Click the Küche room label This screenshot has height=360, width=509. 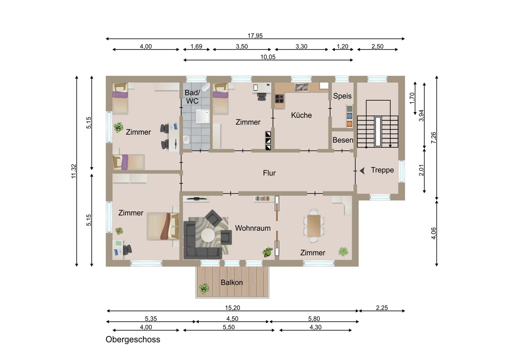[x=301, y=115]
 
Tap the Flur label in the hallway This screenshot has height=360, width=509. [x=269, y=173]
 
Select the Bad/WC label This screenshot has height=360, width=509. [x=192, y=97]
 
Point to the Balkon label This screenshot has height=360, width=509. [x=232, y=282]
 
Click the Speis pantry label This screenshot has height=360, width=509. [x=342, y=96]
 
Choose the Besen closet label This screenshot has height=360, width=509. [x=343, y=140]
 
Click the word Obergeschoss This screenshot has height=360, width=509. [x=133, y=339]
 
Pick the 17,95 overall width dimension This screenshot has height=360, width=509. [x=255, y=36]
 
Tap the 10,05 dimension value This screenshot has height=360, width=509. [x=268, y=57]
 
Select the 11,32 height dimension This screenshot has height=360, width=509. [x=74, y=171]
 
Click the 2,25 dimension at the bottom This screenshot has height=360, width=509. [x=382, y=308]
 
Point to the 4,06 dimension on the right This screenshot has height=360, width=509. [x=433, y=233]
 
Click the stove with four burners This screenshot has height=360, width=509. [x=280, y=99]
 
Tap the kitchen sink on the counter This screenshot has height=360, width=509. [x=301, y=87]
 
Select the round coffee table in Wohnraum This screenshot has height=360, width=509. [x=208, y=235]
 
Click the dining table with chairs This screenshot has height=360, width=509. [x=314, y=226]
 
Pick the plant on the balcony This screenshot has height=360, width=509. [x=204, y=289]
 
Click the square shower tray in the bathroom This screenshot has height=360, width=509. [x=203, y=116]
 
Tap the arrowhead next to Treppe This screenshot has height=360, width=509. [x=362, y=171]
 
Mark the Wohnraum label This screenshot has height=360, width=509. [x=253, y=228]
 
